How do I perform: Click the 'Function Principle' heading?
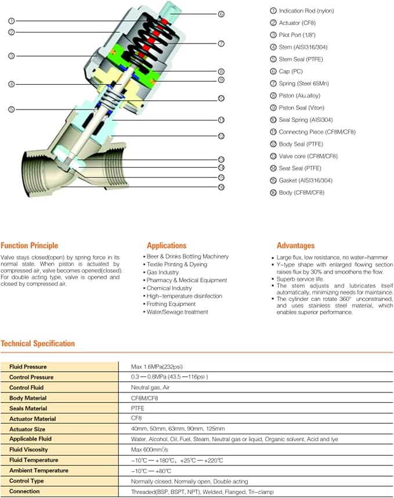[x=30, y=245]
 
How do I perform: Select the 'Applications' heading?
[x=167, y=245]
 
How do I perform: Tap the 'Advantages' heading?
[x=295, y=245]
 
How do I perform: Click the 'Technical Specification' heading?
[x=38, y=343]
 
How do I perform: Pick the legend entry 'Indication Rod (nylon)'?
[x=306, y=10]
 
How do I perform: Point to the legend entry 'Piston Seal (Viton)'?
[x=301, y=108]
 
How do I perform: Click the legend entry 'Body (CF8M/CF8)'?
[x=301, y=192]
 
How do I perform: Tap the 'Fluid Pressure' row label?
[x=28, y=366]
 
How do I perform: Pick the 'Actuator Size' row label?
[x=27, y=428]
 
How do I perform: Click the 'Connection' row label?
[x=24, y=491]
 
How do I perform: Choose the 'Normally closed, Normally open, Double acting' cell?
[x=190, y=481]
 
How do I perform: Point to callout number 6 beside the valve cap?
[x=221, y=13]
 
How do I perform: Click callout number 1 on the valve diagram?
[x=12, y=21]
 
